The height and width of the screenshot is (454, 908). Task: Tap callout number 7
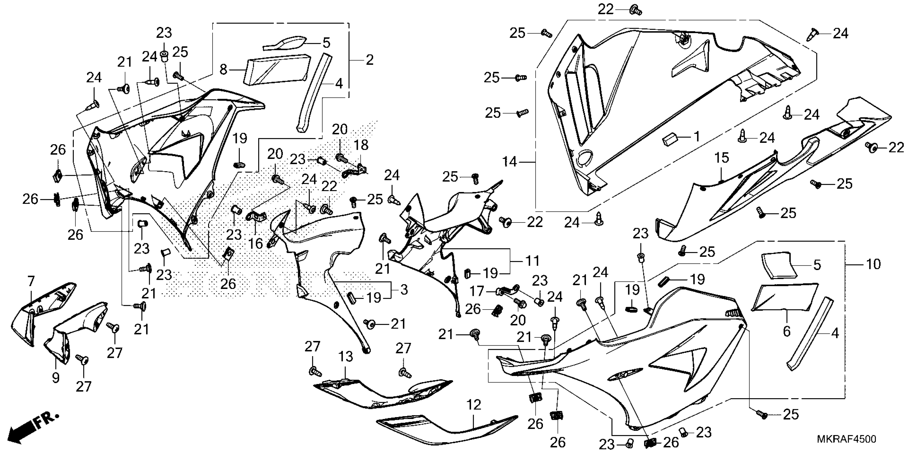pos(31,281)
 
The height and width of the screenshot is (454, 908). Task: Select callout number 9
pos(56,378)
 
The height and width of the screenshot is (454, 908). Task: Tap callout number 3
pos(404,290)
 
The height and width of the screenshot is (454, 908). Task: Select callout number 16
pos(256,243)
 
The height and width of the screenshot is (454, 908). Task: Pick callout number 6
pos(787,331)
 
